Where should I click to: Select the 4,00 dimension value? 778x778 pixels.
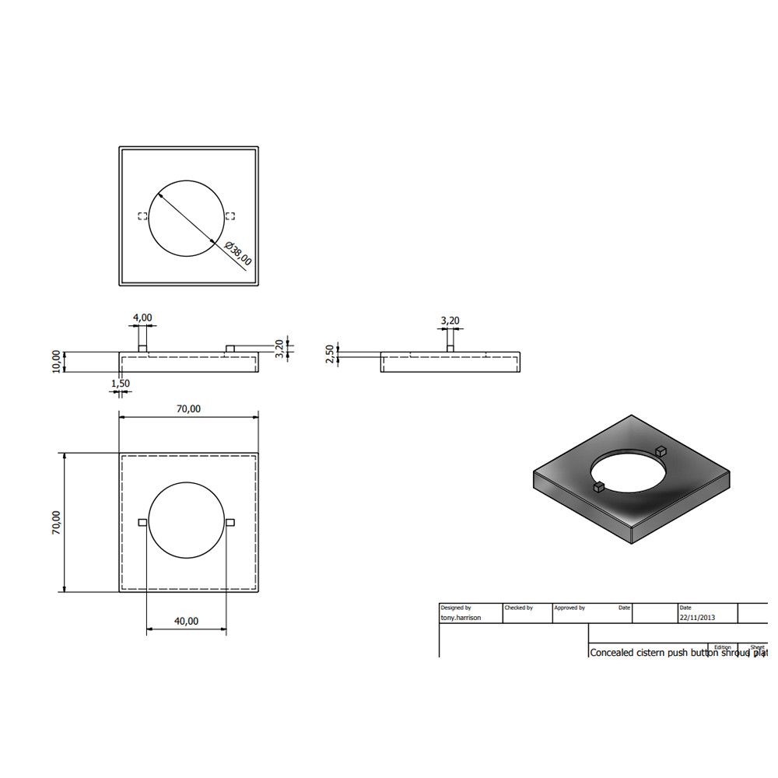142,317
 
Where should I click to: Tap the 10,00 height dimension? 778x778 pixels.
56,362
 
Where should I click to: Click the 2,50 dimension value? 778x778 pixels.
330,354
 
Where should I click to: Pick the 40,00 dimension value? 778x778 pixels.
187,621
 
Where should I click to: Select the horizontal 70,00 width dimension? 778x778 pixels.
188,408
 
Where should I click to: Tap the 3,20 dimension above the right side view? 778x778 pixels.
450,320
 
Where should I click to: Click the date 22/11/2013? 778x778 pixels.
697,618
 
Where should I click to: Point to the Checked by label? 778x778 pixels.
519,608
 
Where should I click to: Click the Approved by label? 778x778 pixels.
569,608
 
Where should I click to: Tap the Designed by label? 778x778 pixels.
456,608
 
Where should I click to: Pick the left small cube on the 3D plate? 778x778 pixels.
599,488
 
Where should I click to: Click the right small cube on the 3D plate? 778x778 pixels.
661,450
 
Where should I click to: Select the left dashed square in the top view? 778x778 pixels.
142,216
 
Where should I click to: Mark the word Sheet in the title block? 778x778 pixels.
757,647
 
